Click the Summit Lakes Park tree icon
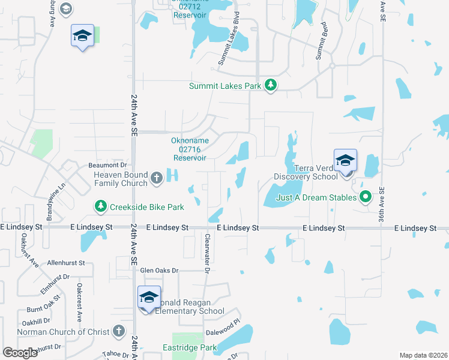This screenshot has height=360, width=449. (x=271, y=85)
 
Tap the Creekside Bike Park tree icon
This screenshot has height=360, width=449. (x=100, y=207)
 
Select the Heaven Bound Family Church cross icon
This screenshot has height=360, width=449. (x=157, y=178)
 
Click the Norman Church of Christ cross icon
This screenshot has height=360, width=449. (x=119, y=331)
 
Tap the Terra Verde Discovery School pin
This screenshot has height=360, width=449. (x=345, y=163)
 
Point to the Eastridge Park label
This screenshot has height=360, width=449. (x=190, y=347)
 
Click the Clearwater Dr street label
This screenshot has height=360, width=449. (x=206, y=253)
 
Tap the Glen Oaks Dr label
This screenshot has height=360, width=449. (x=160, y=271)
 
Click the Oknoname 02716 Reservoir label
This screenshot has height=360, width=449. (x=190, y=149)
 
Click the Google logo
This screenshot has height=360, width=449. (x=20, y=353)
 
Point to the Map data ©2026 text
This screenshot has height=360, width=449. (x=422, y=355)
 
